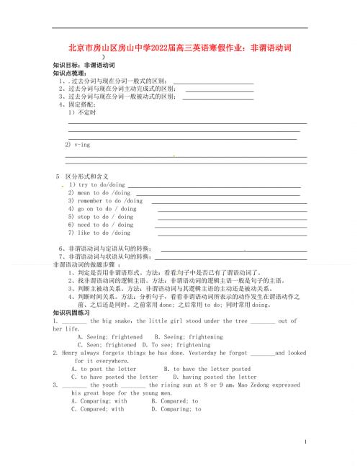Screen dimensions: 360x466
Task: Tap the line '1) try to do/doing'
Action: click(x=97, y=185)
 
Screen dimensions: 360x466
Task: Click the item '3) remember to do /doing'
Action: click(x=105, y=201)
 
